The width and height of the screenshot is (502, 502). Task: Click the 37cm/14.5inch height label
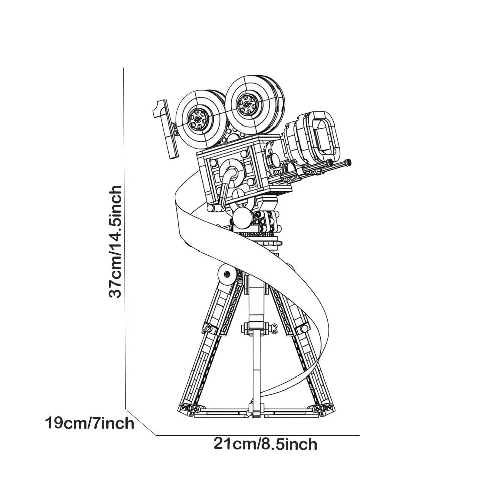coord(116,242)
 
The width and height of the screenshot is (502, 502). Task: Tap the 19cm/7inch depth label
coord(89,423)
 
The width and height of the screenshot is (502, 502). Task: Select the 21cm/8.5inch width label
coord(266,444)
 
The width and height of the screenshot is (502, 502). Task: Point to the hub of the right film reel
coord(246,105)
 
